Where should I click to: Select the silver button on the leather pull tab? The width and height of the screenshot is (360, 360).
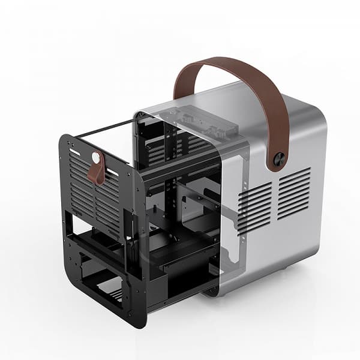(96, 158)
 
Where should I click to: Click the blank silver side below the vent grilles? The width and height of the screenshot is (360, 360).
(282, 246)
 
